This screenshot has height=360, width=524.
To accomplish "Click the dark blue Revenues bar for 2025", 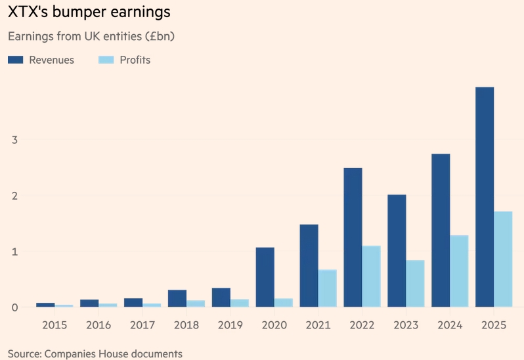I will (485, 197).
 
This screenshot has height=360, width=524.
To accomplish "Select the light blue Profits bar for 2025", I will (503, 259).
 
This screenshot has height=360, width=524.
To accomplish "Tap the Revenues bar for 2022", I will (353, 237).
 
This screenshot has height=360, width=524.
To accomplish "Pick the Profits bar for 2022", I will (371, 276).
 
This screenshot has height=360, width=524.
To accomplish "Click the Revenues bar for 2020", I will (265, 277).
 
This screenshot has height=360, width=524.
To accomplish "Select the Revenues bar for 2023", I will (397, 250).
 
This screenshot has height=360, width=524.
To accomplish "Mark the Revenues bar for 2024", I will (441, 230).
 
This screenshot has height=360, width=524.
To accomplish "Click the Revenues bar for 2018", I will (177, 298).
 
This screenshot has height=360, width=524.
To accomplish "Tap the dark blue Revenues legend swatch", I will (15, 60).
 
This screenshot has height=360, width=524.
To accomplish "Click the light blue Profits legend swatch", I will (106, 60).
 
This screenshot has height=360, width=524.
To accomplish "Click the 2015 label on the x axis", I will (55, 325).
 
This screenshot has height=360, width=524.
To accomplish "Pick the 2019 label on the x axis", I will (230, 325).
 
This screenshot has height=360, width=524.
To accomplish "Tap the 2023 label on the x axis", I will (406, 325).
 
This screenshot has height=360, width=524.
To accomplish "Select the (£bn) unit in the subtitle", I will (157, 35).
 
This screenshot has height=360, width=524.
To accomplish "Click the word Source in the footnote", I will (24, 353).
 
